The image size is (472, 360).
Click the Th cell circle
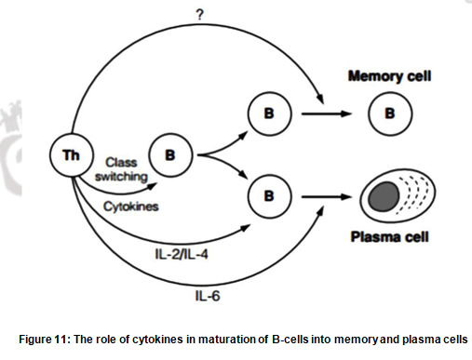tap(72, 154)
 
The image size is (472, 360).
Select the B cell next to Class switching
tap(169, 154)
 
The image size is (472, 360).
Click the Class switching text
tap(119, 168)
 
